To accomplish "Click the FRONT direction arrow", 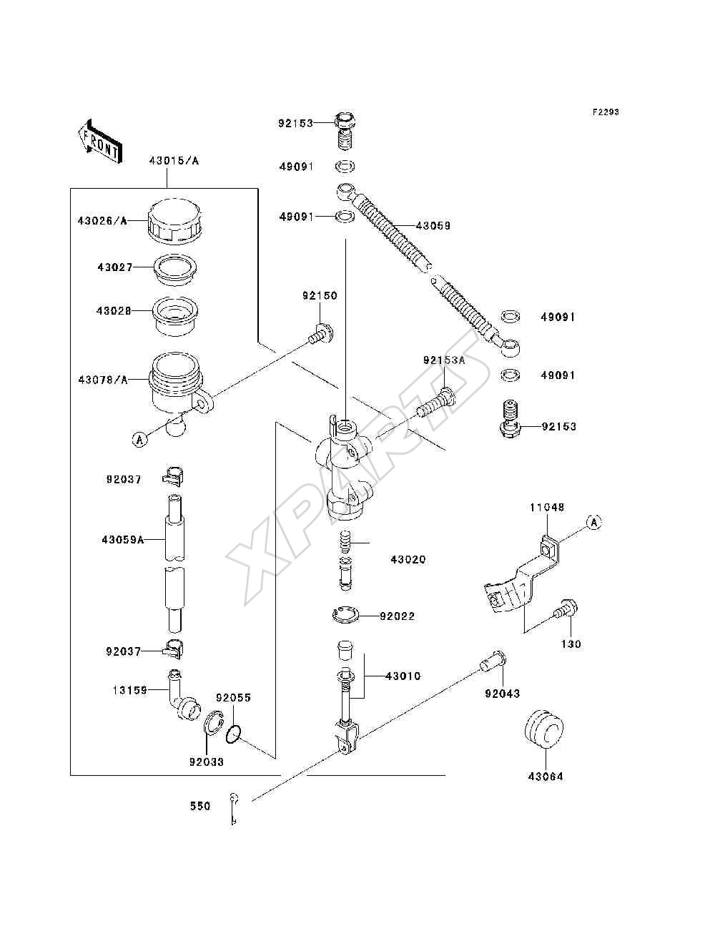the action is [x=101, y=142].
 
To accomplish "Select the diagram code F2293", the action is [x=606, y=112].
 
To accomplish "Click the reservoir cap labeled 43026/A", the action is [x=174, y=221].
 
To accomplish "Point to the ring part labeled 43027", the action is [x=174, y=270].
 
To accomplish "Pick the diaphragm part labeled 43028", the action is [x=175, y=316].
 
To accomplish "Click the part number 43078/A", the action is [x=103, y=380].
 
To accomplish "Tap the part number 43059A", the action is [x=123, y=540].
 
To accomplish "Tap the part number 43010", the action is [x=403, y=676].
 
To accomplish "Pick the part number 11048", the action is [x=547, y=508].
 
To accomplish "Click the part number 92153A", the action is [x=444, y=360].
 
